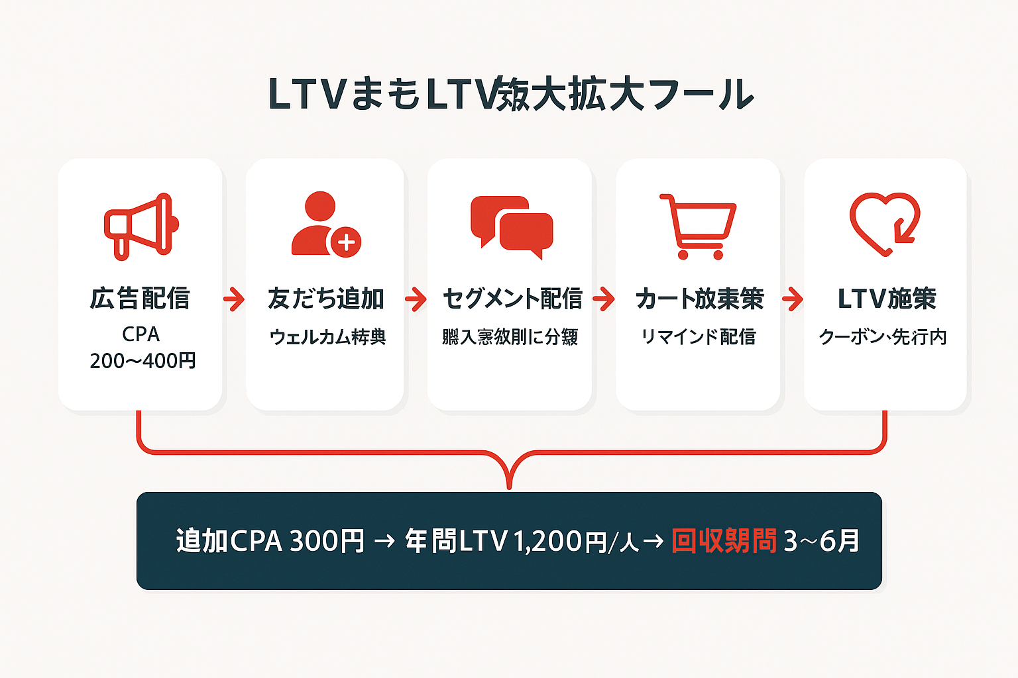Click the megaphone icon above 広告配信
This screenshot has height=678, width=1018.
141,226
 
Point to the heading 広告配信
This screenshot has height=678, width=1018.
141,299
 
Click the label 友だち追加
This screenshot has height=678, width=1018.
325,299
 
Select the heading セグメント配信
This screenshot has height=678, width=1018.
512,299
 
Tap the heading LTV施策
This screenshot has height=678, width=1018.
887,299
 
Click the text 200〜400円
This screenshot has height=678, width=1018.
142,361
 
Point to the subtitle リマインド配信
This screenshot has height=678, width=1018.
698,337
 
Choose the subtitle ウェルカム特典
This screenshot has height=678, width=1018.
327,337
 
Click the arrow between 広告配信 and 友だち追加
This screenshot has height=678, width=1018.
233,299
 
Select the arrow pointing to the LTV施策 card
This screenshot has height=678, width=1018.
792,299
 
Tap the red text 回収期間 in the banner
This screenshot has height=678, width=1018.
724,541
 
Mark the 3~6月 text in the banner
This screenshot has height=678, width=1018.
822,541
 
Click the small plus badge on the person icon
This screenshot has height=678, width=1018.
346,242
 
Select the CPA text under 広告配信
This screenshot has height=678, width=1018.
141,334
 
